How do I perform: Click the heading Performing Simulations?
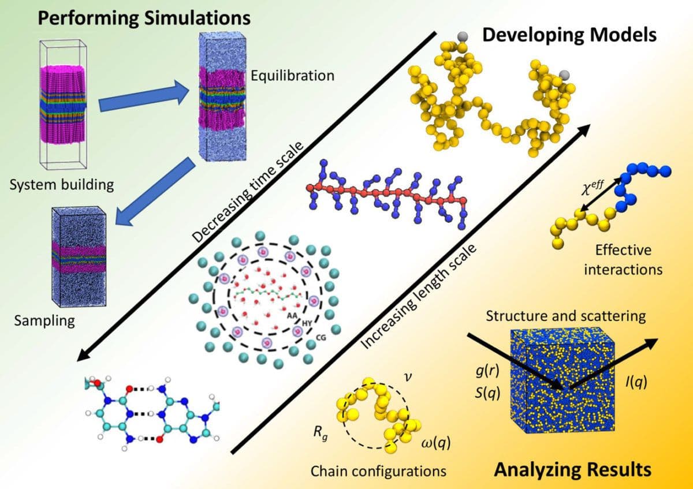click(x=144, y=17)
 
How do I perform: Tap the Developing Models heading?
click(x=569, y=35)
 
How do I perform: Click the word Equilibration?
click(x=292, y=76)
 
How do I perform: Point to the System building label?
click(x=61, y=185)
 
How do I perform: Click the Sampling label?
click(x=44, y=320)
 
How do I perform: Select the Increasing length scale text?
click(x=420, y=295)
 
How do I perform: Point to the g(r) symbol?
click(x=483, y=374)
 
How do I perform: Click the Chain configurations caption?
click(x=378, y=471)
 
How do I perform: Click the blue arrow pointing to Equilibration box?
click(x=144, y=97)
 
